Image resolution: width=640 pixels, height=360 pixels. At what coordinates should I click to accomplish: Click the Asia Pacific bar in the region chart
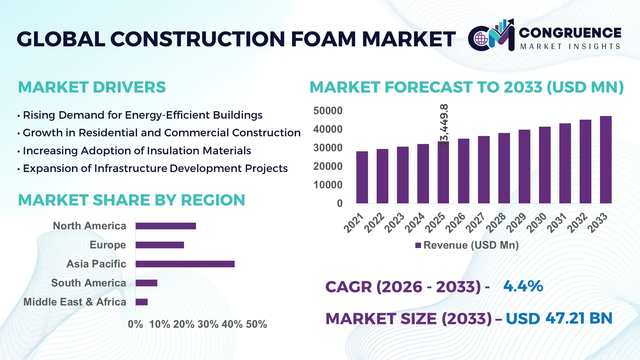click(185, 264)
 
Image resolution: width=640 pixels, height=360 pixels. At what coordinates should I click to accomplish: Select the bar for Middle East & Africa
click(141, 302)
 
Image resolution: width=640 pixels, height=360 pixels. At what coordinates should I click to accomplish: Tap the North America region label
click(89, 226)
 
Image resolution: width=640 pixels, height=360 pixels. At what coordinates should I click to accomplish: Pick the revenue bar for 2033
click(605, 160)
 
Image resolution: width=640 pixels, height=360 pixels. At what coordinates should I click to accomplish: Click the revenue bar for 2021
click(362, 177)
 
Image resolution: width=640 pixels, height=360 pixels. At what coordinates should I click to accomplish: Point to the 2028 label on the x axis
click(496, 223)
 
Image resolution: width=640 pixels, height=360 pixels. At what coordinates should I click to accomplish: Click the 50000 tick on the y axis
click(328, 111)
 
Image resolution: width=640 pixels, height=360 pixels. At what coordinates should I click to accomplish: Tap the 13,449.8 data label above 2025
click(444, 125)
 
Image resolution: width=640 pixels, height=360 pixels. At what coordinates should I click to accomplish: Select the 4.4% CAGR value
click(523, 286)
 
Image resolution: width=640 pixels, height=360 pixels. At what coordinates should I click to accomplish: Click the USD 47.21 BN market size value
click(559, 318)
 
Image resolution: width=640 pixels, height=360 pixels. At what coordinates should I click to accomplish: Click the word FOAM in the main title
click(323, 39)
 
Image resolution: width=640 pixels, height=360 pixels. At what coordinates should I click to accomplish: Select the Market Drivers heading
click(92, 87)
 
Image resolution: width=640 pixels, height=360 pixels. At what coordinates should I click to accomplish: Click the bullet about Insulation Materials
click(137, 151)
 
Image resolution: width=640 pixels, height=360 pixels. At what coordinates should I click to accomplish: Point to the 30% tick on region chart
click(208, 324)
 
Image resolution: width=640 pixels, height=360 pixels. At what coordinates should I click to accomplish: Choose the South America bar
click(146, 283)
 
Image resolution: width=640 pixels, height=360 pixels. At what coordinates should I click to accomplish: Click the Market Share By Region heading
click(131, 200)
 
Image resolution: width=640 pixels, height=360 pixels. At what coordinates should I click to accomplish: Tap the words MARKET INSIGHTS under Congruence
click(570, 47)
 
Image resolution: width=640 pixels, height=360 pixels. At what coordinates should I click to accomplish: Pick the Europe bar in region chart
click(160, 245)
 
